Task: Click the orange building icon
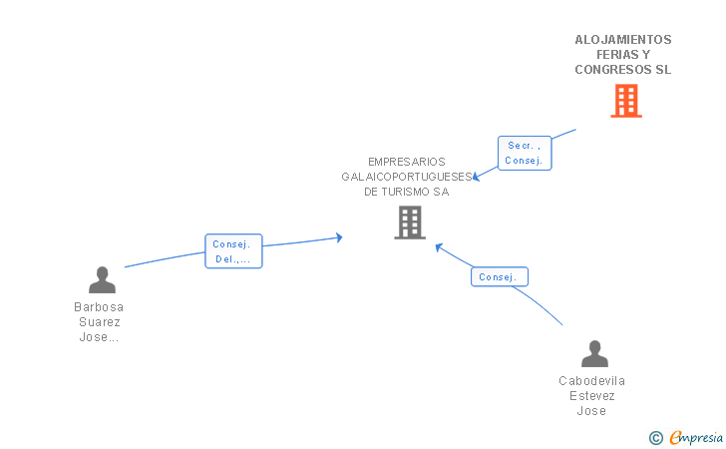625,101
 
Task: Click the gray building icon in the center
410,223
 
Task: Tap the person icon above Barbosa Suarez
102,280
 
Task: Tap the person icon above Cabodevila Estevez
594,354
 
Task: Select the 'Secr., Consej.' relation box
524,153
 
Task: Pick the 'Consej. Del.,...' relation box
233,251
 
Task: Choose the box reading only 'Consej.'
499,276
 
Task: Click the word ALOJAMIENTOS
623,40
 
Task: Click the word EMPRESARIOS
406,162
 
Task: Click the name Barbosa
99,307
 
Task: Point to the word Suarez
99,322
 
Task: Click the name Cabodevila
592,381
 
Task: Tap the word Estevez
592,396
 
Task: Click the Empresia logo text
696,437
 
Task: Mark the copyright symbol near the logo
655,437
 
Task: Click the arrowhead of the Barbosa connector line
339,237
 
